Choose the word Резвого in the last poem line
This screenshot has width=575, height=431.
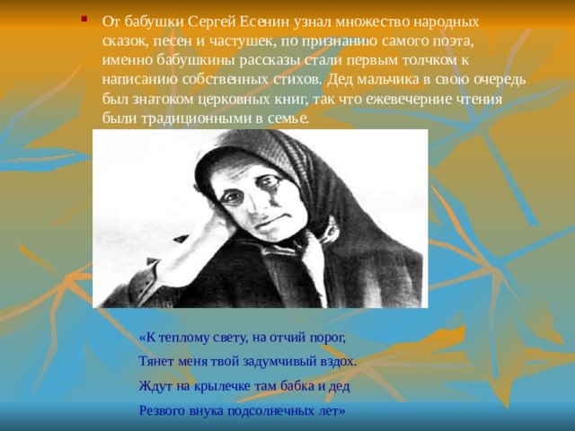pyautogui.click(x=163, y=411)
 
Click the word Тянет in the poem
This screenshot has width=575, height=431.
pyautogui.click(x=156, y=361)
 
